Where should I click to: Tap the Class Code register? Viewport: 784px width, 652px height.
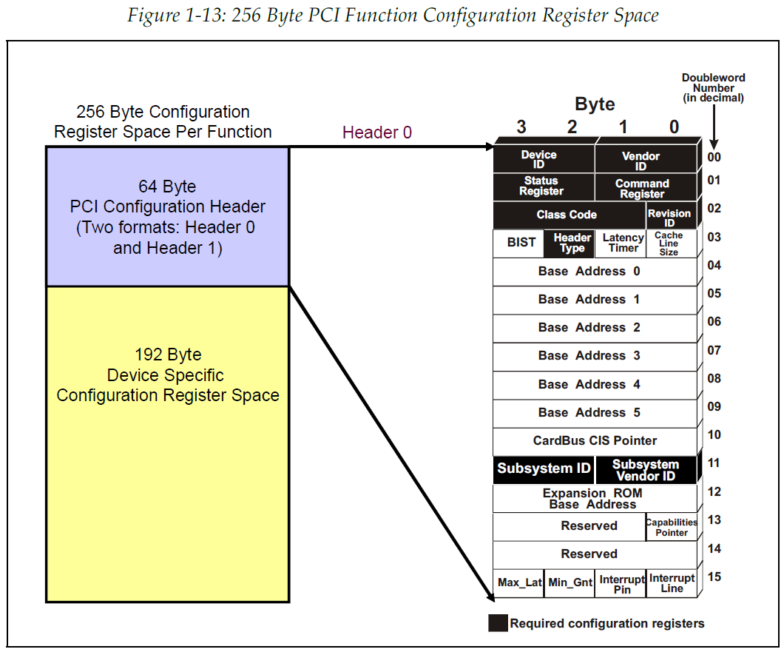[567, 215]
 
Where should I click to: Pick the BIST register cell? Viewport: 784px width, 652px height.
[521, 243]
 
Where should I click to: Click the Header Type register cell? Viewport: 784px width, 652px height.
[572, 243]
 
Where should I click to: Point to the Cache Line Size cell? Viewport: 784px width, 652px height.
[669, 243]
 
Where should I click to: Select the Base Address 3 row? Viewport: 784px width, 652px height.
[589, 356]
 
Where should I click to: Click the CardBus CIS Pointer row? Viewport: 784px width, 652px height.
[595, 440]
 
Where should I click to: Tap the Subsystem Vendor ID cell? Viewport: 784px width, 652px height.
[646, 470]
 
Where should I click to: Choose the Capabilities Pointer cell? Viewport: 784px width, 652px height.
[672, 527]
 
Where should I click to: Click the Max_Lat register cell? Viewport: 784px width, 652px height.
[519, 583]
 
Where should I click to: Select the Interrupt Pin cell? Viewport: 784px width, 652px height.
[622, 584]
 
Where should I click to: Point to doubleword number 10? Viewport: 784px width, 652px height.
[714, 434]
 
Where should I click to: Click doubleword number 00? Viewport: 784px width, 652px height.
[714, 157]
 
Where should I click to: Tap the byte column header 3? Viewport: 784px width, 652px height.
[521, 127]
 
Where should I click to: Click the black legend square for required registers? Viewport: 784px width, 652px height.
[498, 623]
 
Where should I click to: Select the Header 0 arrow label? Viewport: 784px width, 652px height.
[376, 132]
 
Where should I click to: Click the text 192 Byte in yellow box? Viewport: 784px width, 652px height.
[168, 354]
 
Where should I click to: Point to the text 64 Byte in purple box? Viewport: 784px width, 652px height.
[167, 186]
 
